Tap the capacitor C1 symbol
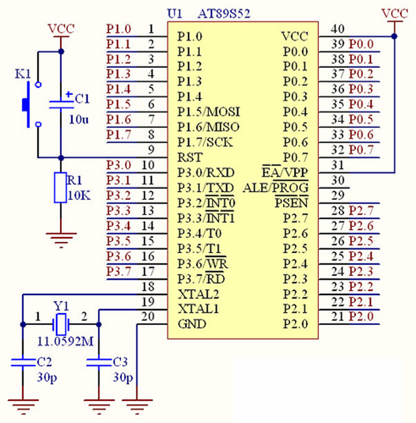tap(61, 102)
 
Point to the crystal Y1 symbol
tap(61, 324)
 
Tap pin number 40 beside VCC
tap(338, 29)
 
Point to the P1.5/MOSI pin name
tap(208, 111)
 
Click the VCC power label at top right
tap(394, 13)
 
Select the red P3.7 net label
tap(120, 271)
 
